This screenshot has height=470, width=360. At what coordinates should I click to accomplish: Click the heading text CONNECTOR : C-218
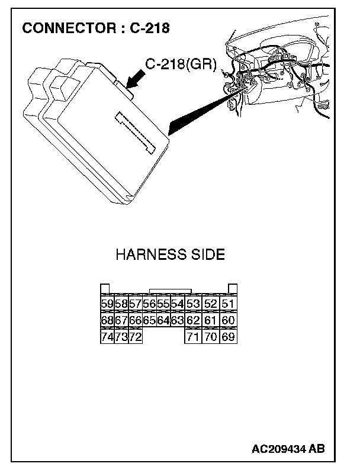click(x=95, y=28)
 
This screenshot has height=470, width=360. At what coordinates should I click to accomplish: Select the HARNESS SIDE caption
click(x=170, y=255)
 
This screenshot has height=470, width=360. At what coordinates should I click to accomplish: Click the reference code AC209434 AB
click(x=288, y=449)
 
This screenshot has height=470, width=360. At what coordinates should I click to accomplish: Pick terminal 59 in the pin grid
click(x=107, y=304)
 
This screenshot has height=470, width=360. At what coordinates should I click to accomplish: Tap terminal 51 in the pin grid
click(x=228, y=304)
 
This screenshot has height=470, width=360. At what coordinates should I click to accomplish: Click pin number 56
click(x=149, y=304)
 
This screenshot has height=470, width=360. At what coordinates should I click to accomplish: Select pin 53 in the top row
click(x=193, y=304)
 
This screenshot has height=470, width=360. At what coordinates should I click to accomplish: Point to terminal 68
click(x=107, y=321)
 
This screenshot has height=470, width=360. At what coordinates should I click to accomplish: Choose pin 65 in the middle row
click(x=149, y=321)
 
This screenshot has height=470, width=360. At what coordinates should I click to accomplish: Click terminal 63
click(x=177, y=321)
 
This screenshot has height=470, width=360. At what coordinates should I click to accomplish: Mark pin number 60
click(x=228, y=321)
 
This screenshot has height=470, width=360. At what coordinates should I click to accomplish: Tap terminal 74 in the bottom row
click(x=107, y=337)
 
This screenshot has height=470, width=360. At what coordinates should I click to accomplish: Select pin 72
click(x=136, y=337)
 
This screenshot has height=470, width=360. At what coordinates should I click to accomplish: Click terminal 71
click(x=193, y=337)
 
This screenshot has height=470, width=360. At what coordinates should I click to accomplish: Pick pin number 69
click(x=228, y=337)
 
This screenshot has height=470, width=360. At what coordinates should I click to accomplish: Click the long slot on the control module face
click(x=136, y=131)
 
